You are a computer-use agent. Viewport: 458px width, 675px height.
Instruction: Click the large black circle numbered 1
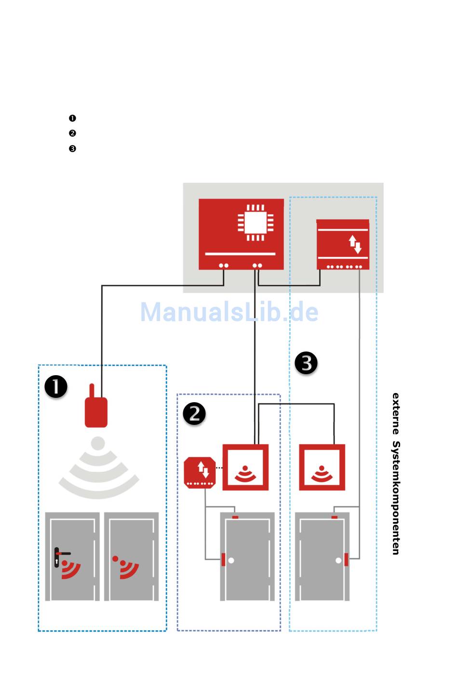(56, 387)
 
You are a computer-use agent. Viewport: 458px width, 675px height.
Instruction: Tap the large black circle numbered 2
(194, 414)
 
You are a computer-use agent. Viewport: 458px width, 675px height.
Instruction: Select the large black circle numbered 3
(306, 363)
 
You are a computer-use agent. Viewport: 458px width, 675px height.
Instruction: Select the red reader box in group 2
(245, 467)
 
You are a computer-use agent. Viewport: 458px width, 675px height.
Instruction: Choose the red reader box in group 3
(322, 467)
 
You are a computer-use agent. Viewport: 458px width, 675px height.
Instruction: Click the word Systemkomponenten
(396, 498)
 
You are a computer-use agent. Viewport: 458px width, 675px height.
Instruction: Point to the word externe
(396, 413)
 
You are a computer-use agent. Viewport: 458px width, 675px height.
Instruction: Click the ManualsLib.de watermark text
(229, 312)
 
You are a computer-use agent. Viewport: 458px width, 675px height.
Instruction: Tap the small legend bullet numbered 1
(72, 118)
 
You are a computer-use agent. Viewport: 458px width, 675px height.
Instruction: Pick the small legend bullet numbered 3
(72, 149)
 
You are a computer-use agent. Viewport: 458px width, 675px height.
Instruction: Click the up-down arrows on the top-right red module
(355, 244)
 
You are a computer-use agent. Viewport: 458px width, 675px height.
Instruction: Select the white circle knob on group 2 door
(231, 561)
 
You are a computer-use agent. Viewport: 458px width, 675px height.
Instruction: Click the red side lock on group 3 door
(346, 560)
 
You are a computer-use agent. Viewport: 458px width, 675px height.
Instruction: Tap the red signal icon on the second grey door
(126, 567)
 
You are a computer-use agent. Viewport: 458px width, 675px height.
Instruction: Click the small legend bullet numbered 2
(72, 133)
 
